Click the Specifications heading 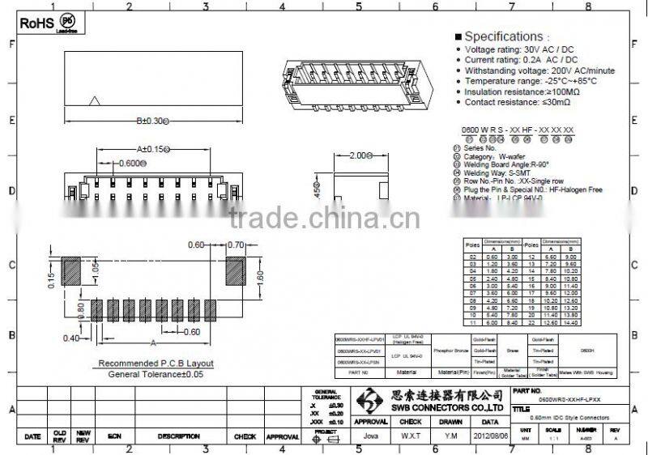click(503, 36)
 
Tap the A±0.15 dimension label click(151, 149)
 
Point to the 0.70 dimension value click(236, 245)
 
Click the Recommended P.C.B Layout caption click(156, 364)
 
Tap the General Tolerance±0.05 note click(156, 374)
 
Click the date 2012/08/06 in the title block click(490, 434)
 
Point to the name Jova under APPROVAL click(371, 435)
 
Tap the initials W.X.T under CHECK click(411, 435)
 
